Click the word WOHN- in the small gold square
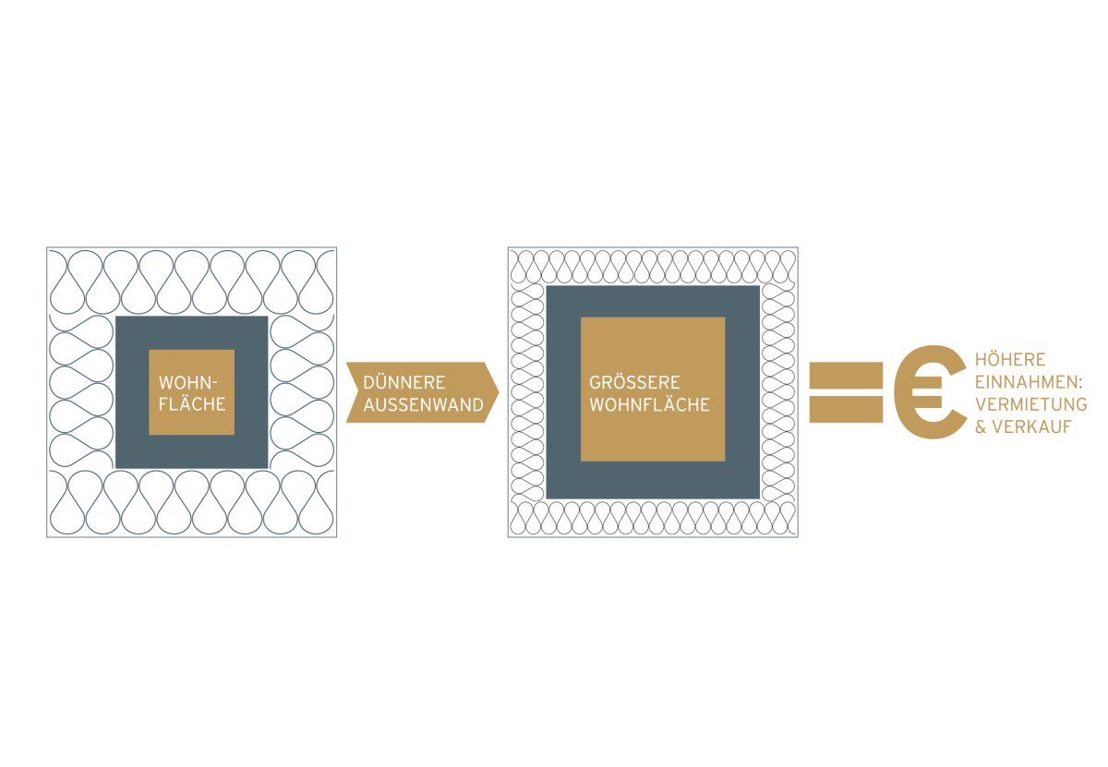click(188, 382)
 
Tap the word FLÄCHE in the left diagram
click(192, 403)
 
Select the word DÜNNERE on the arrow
click(404, 382)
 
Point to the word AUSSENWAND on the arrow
click(424, 405)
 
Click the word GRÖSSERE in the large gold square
click(634, 382)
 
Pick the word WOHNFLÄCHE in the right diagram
click(649, 404)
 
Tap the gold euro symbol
click(930, 391)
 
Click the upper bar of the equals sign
click(846, 376)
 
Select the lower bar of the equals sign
click(846, 409)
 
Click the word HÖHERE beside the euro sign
click(1010, 359)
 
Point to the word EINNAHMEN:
click(1029, 382)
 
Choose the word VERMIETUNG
click(1030, 404)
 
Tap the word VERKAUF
click(1032, 426)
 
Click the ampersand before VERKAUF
click(981, 426)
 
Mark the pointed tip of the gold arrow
click(499, 392)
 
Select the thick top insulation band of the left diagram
click(192, 282)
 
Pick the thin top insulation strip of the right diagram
click(653, 266)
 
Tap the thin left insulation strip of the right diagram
click(527, 392)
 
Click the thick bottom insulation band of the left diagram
click(192, 502)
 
